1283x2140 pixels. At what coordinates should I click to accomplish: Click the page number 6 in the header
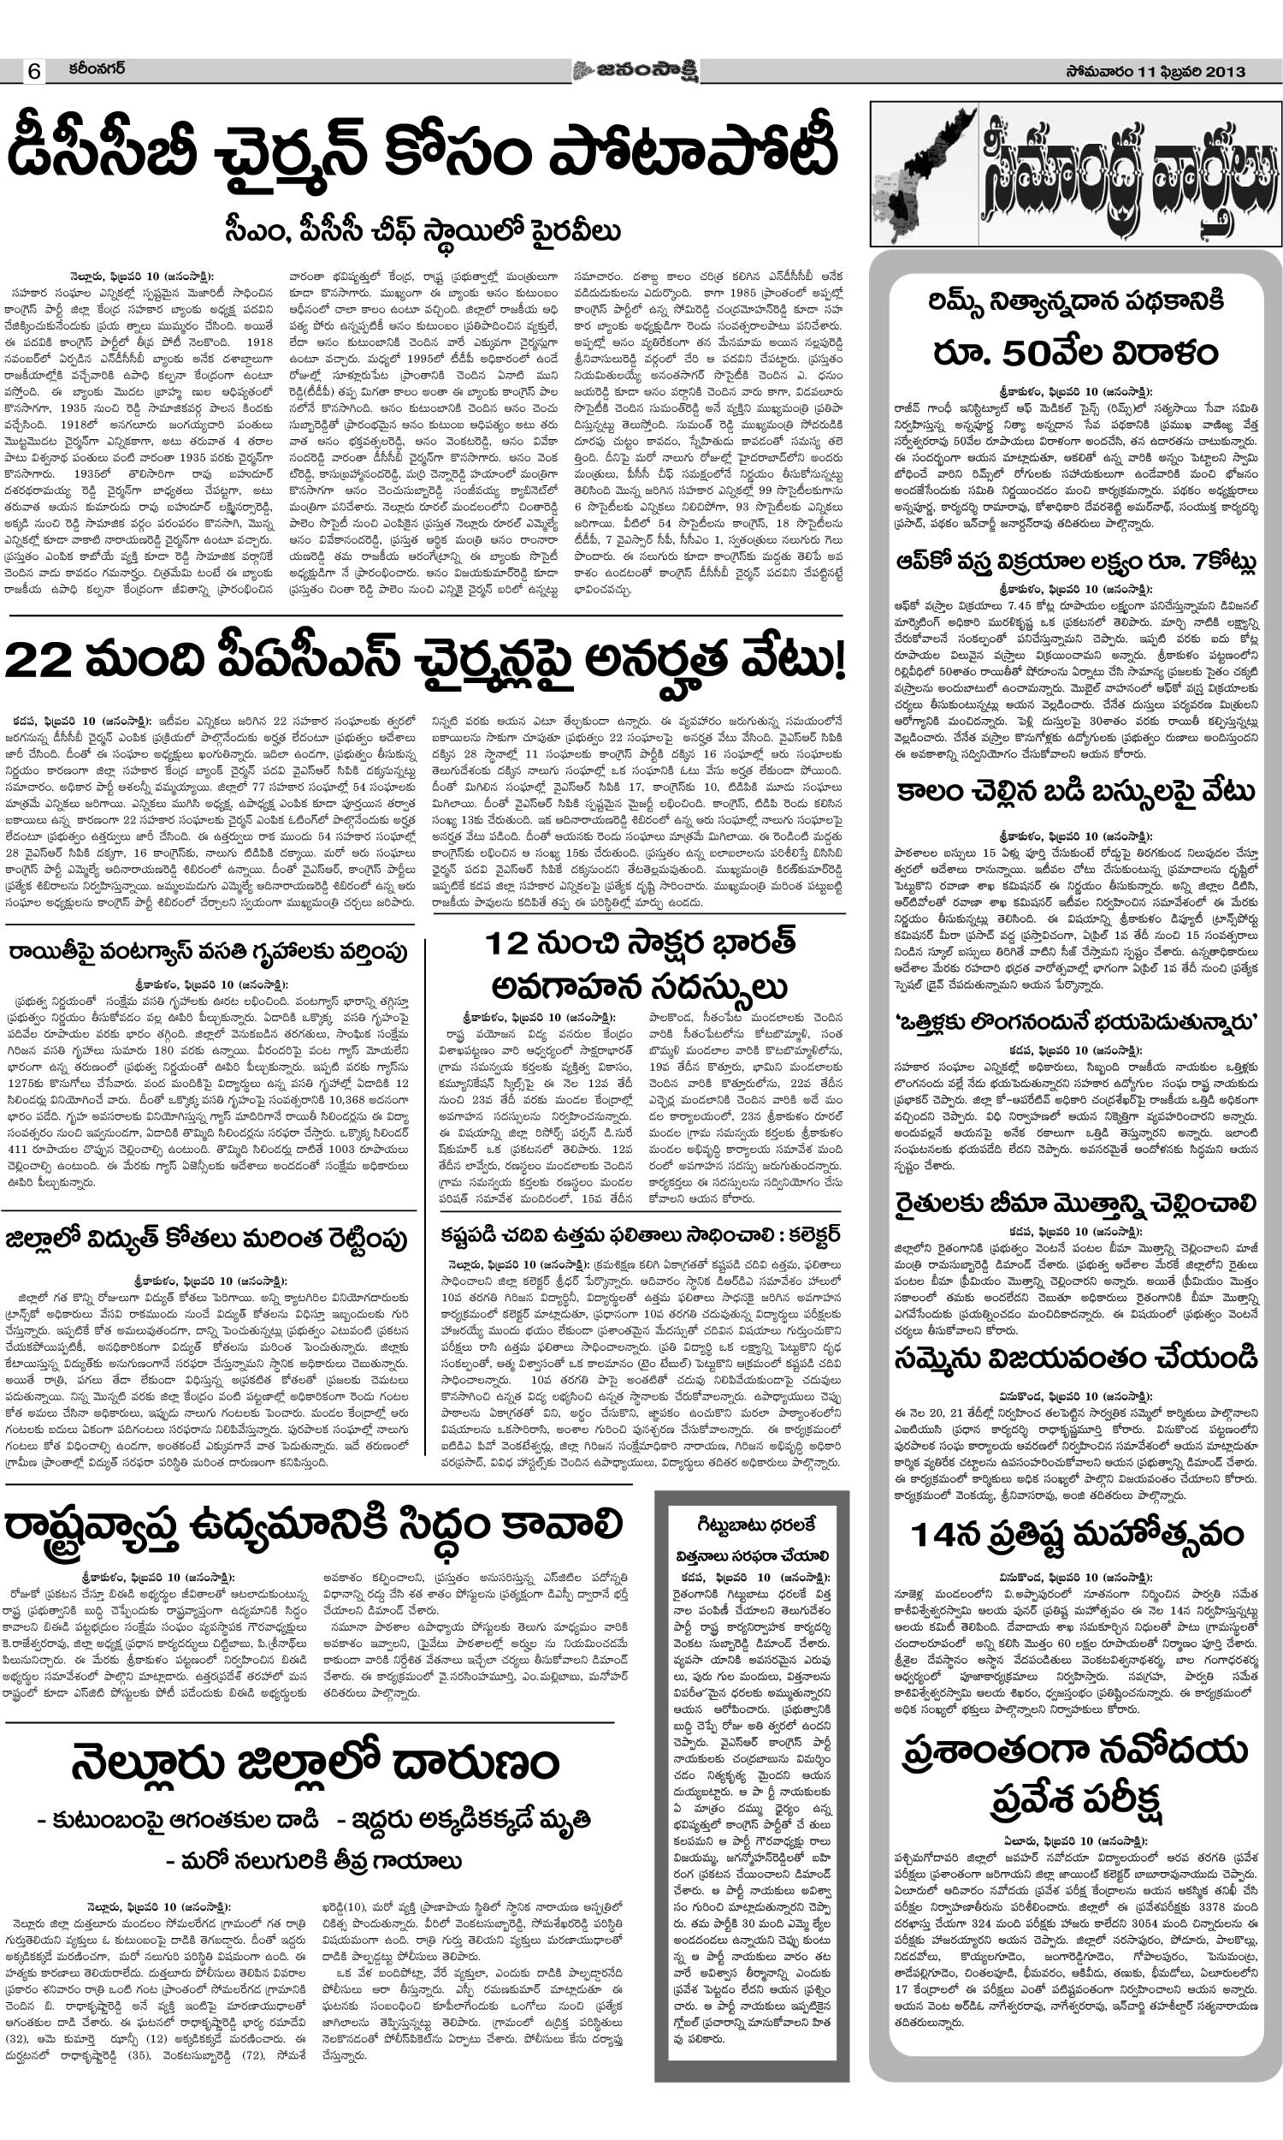pos(33,72)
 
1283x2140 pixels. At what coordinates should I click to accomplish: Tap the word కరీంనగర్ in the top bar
pos(97,68)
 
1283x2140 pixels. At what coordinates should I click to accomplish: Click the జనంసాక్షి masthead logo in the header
pos(635,71)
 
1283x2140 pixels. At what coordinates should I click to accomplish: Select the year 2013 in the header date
pos(1219,72)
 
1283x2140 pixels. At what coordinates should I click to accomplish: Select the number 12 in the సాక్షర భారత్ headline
pos(506,943)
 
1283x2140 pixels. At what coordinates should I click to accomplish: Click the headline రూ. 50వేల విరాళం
pos(1075,353)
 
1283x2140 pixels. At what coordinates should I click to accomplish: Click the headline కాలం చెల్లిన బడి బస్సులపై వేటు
pos(1075,793)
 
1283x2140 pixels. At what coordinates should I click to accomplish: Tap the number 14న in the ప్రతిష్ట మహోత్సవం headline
pos(948,1535)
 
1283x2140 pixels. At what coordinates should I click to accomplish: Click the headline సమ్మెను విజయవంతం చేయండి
pos(1075,1358)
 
